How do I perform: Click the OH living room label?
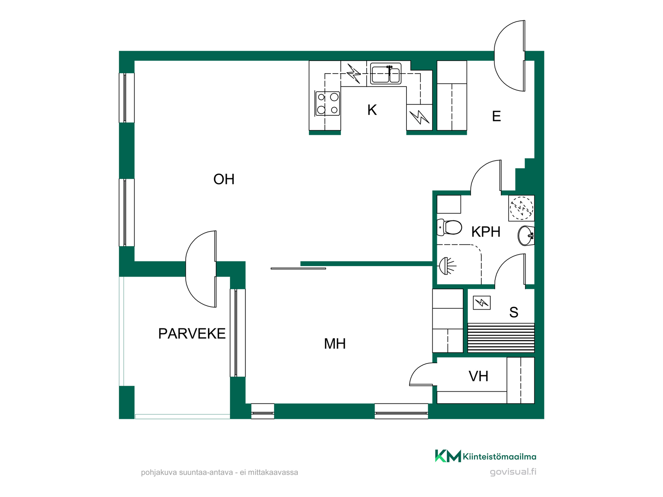(224, 179)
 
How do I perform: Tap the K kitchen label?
(372, 110)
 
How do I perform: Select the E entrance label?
(496, 116)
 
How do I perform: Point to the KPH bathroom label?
(486, 232)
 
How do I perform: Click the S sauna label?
(513, 312)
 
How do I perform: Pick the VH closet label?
(478, 376)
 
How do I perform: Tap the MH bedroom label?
(335, 344)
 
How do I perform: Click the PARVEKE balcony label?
(192, 334)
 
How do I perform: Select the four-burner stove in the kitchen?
(327, 104)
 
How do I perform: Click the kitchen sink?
(386, 73)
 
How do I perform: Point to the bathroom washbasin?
(526, 236)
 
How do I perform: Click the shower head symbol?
(447, 266)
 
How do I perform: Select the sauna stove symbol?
(482, 303)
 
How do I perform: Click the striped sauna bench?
(501, 338)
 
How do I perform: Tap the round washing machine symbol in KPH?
(521, 208)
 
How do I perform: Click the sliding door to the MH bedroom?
(298, 269)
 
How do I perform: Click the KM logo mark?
(448, 456)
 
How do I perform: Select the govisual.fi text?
(513, 472)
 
